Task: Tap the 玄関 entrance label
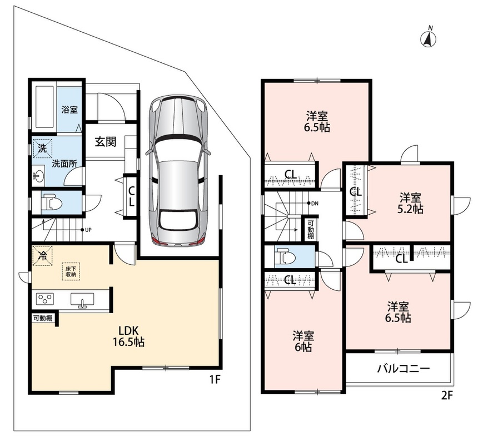click(x=106, y=142)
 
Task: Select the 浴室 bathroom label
click(x=69, y=110)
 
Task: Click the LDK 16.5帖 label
click(x=128, y=336)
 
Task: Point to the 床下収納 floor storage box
click(x=71, y=271)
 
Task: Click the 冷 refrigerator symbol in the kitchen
click(x=42, y=255)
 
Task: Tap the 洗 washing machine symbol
click(x=42, y=149)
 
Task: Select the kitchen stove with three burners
click(x=45, y=298)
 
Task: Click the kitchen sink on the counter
click(x=82, y=299)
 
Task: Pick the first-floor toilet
click(x=51, y=202)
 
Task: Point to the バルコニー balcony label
click(x=404, y=369)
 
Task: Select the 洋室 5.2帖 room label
click(x=411, y=204)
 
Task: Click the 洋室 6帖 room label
click(x=303, y=342)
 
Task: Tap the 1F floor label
click(x=215, y=379)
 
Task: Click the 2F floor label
click(x=447, y=395)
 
